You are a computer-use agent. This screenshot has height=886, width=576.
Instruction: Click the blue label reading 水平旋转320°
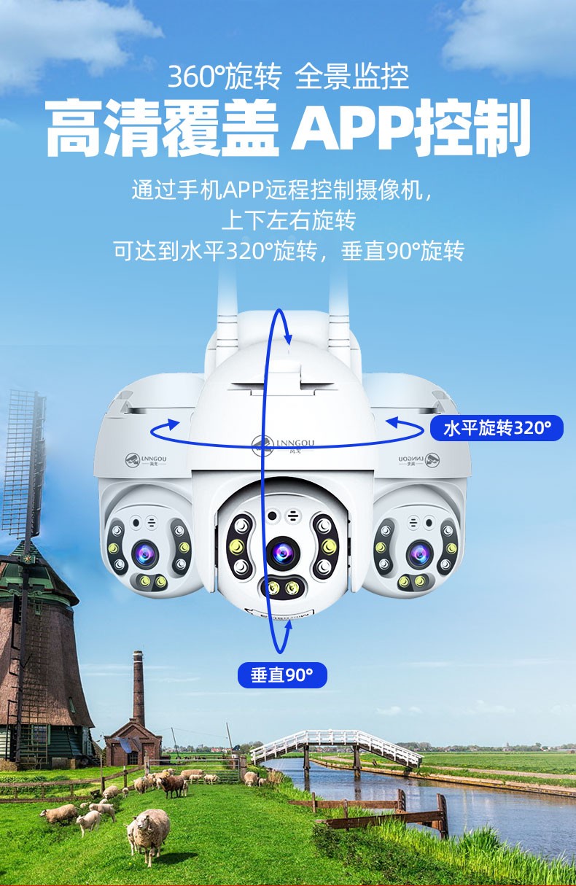coord(497,428)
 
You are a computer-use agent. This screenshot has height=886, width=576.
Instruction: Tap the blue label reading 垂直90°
coord(282,675)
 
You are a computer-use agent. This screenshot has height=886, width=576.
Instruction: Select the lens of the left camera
coord(145,553)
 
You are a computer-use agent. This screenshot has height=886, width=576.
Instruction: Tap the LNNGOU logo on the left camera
coord(146,459)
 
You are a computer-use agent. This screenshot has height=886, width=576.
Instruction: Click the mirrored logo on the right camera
coord(419,459)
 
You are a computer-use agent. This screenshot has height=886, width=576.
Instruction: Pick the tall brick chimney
coord(138,688)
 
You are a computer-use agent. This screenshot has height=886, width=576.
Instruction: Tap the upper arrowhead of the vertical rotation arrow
coord(288,338)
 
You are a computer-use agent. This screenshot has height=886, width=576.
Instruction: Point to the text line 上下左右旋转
coord(289,220)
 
